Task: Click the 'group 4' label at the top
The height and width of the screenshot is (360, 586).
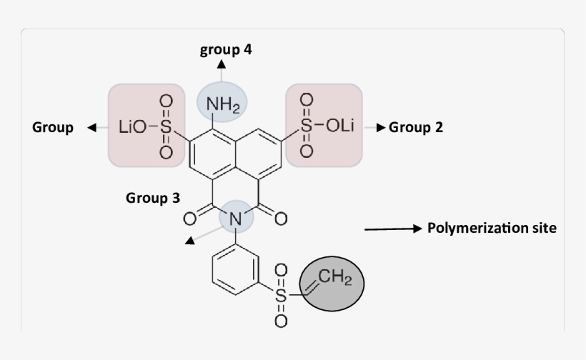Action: [225, 50]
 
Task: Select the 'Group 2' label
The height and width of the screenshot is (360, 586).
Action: [420, 128]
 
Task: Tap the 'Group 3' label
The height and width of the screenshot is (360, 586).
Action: [153, 198]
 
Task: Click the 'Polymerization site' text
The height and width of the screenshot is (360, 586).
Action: [492, 229]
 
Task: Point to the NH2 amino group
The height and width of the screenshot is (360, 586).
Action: [222, 106]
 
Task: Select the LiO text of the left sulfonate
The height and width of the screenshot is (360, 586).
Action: [131, 127]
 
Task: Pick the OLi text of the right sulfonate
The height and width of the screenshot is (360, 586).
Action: [339, 126]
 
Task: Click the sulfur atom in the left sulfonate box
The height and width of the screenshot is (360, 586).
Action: [166, 127]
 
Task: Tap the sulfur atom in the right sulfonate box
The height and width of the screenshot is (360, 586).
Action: [306, 126]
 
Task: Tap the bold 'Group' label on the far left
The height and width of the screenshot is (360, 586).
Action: [52, 128]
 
